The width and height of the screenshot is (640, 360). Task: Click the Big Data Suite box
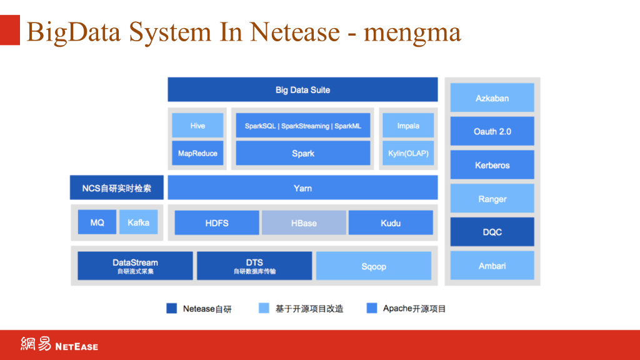click(302, 89)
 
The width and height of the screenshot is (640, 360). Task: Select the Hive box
click(197, 126)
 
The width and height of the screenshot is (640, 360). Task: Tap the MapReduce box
click(197, 153)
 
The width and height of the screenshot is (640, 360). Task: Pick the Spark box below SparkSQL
click(303, 153)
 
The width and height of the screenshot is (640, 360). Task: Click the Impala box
click(408, 126)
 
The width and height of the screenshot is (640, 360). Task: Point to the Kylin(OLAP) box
click(408, 153)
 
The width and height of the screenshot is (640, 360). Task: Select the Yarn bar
click(302, 187)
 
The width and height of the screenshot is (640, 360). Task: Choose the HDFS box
click(217, 222)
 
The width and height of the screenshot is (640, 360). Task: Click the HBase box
click(304, 222)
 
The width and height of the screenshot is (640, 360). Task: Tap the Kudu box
click(391, 222)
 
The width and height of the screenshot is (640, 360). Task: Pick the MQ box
click(97, 222)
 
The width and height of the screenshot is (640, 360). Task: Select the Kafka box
click(138, 222)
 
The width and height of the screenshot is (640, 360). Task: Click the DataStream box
click(135, 266)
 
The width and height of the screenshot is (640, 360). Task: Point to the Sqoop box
click(374, 266)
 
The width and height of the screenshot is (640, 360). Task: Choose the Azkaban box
click(492, 98)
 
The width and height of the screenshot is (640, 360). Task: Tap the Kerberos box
click(492, 165)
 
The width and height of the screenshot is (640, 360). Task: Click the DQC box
click(492, 232)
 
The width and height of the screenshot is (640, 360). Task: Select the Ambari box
click(492, 266)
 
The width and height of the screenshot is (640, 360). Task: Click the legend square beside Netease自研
click(172, 308)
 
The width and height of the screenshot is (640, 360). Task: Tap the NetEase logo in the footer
click(59, 344)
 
